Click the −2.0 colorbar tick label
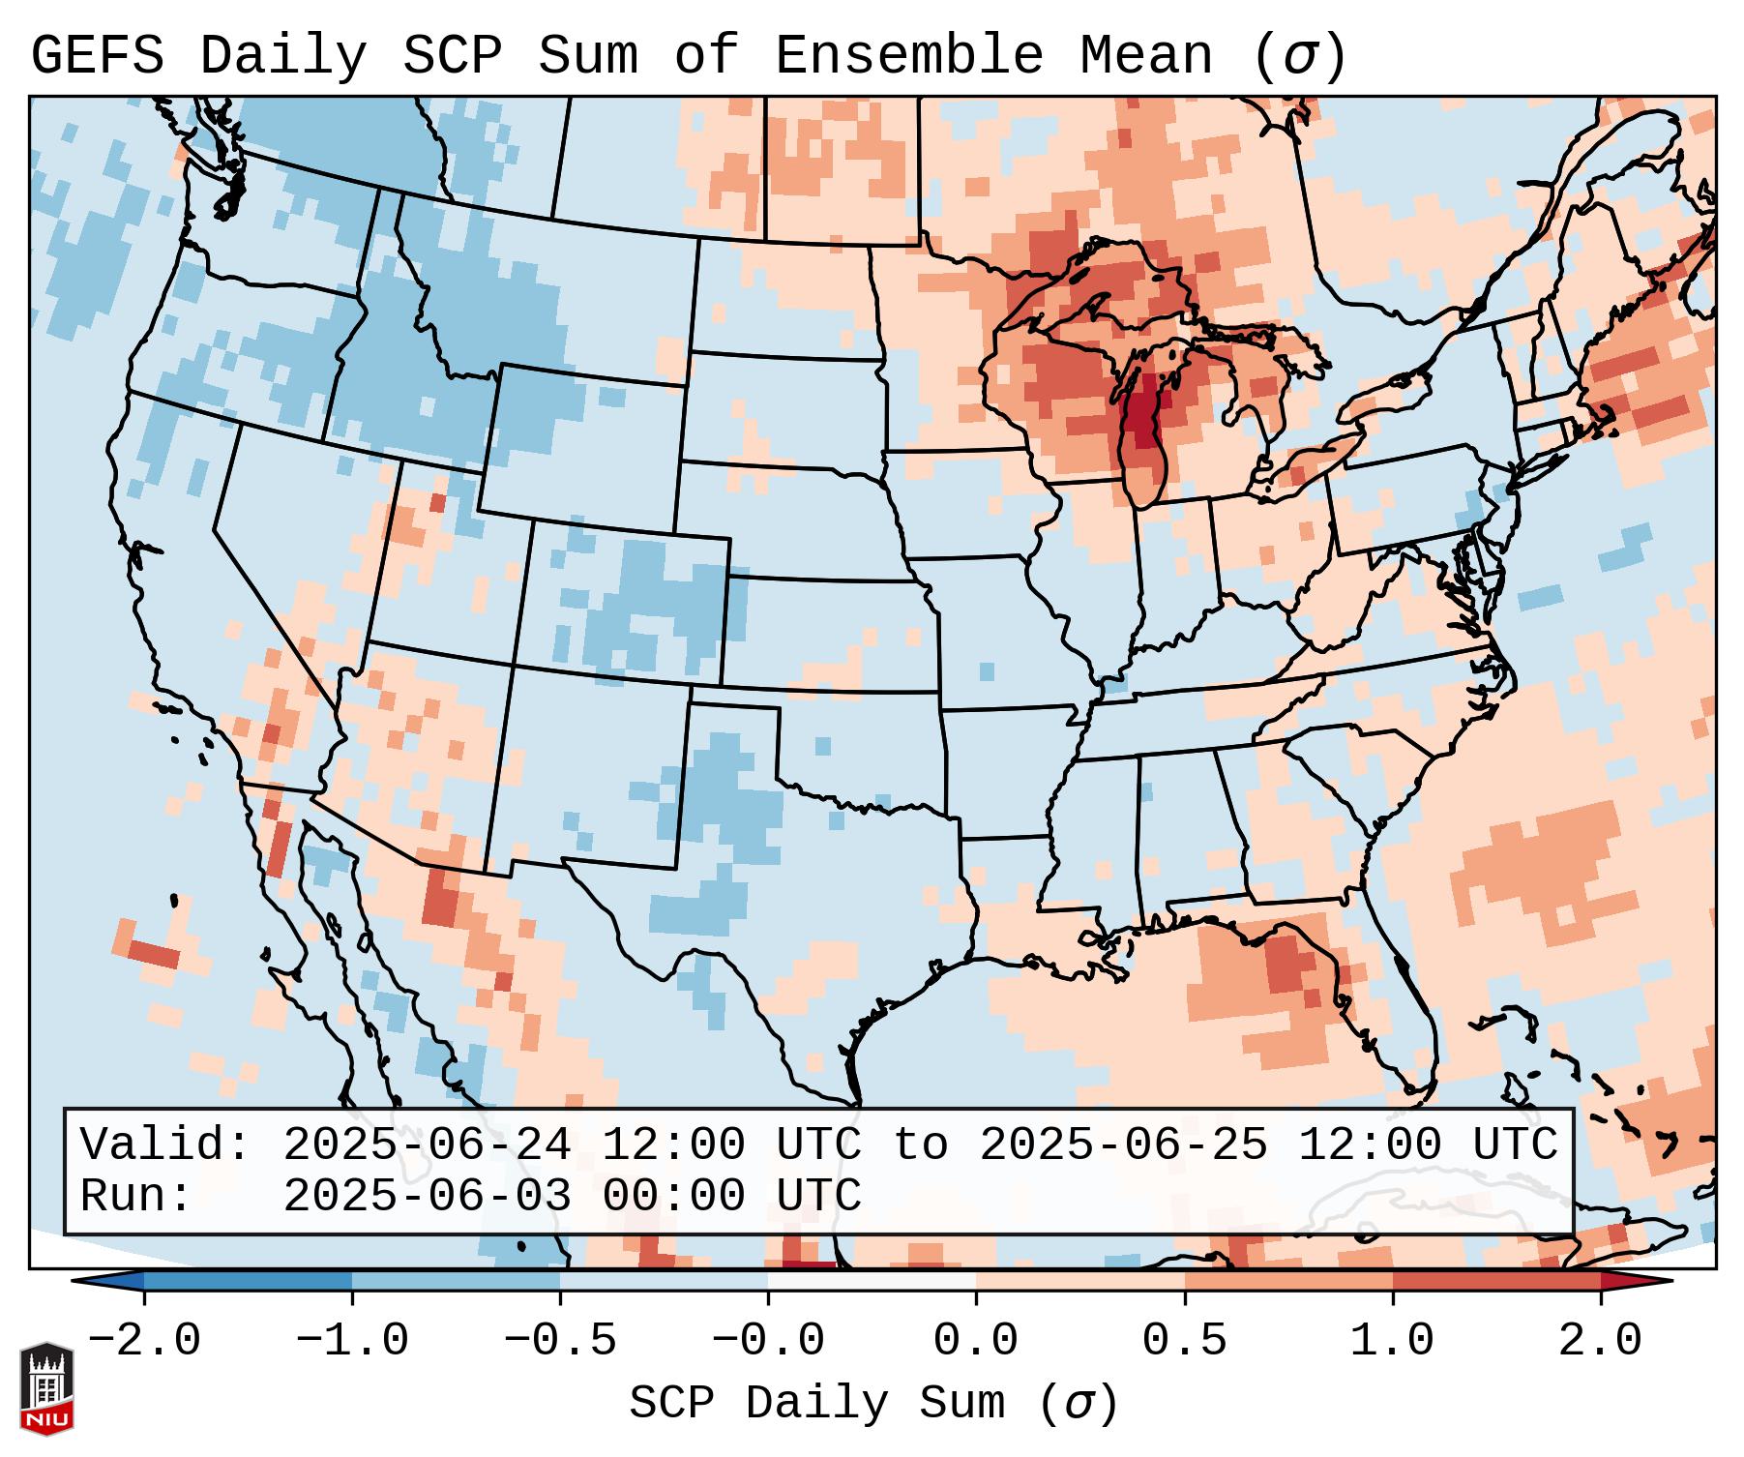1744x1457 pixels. [x=144, y=1342]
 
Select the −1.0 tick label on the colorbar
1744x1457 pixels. [x=352, y=1342]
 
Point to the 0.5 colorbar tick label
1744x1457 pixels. [x=1184, y=1342]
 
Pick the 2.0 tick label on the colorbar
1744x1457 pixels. [x=1600, y=1342]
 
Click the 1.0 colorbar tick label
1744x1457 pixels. [x=1392, y=1342]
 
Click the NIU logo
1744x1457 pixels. [x=46, y=1388]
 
